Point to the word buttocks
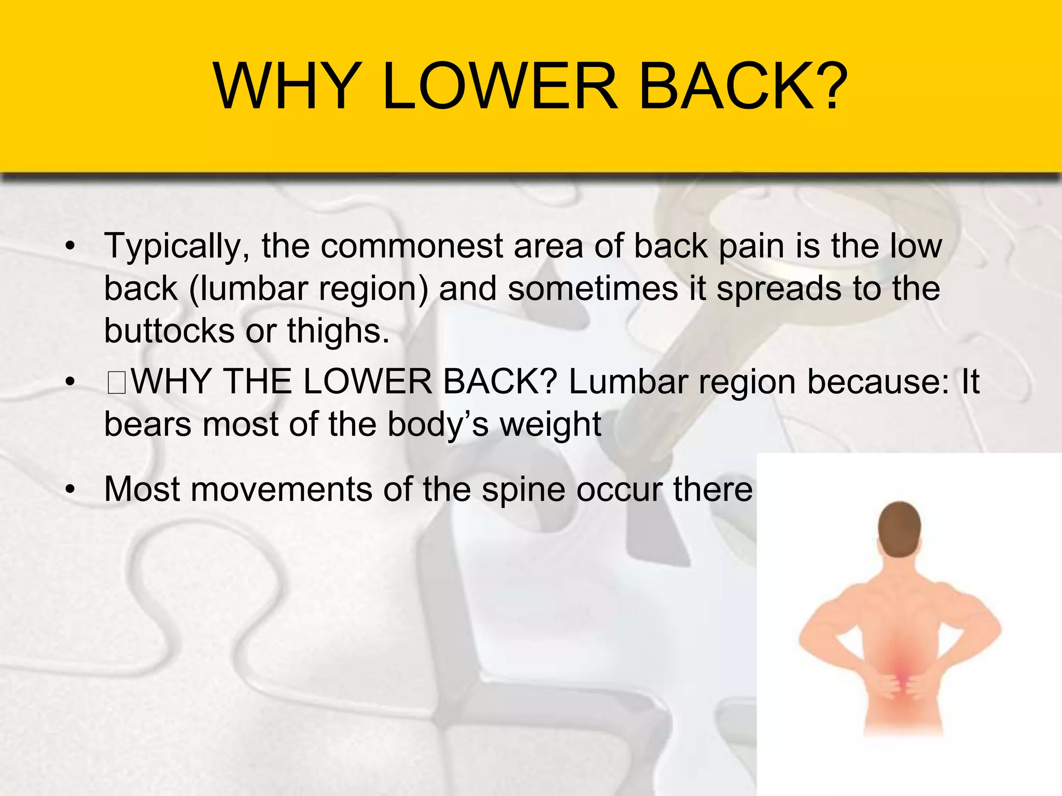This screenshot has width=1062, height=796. (169, 331)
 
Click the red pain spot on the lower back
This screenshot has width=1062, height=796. (902, 674)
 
